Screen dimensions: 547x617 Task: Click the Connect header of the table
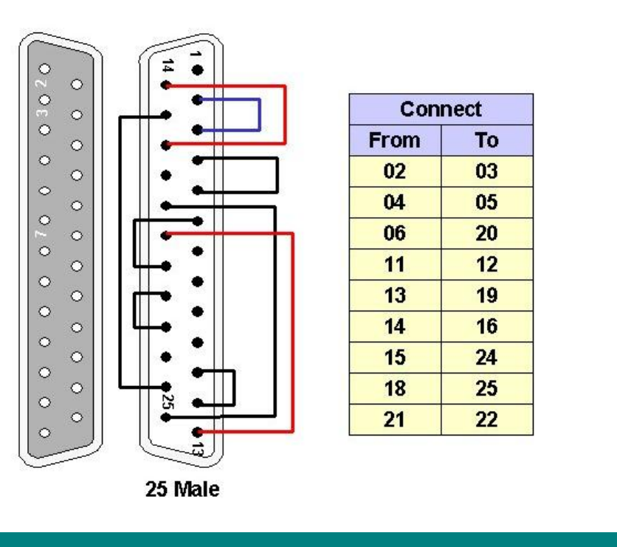coord(440,109)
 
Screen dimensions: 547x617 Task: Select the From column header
coord(394,140)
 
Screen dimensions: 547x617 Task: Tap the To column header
coord(486,140)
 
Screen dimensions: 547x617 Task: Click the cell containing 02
coord(394,172)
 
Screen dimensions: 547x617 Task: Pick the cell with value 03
coord(486,172)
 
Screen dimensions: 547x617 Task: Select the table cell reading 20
coord(486,234)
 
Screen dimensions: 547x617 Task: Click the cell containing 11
coord(394,265)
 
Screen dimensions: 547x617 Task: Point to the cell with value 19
coord(486,296)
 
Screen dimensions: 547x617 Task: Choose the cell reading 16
coord(486,327)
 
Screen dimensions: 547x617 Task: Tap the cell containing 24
coord(486,358)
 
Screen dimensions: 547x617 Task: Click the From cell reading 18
coord(394,389)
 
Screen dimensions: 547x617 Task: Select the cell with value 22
coord(486,420)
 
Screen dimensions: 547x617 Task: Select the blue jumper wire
coord(259,114)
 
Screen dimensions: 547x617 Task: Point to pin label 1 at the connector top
coord(196,55)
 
